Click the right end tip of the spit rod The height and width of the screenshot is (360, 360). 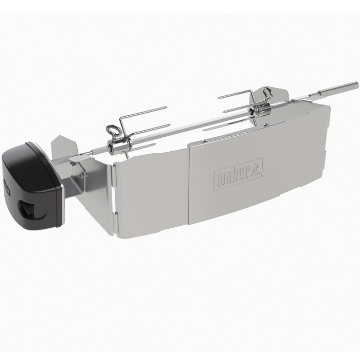(x=356, y=83)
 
